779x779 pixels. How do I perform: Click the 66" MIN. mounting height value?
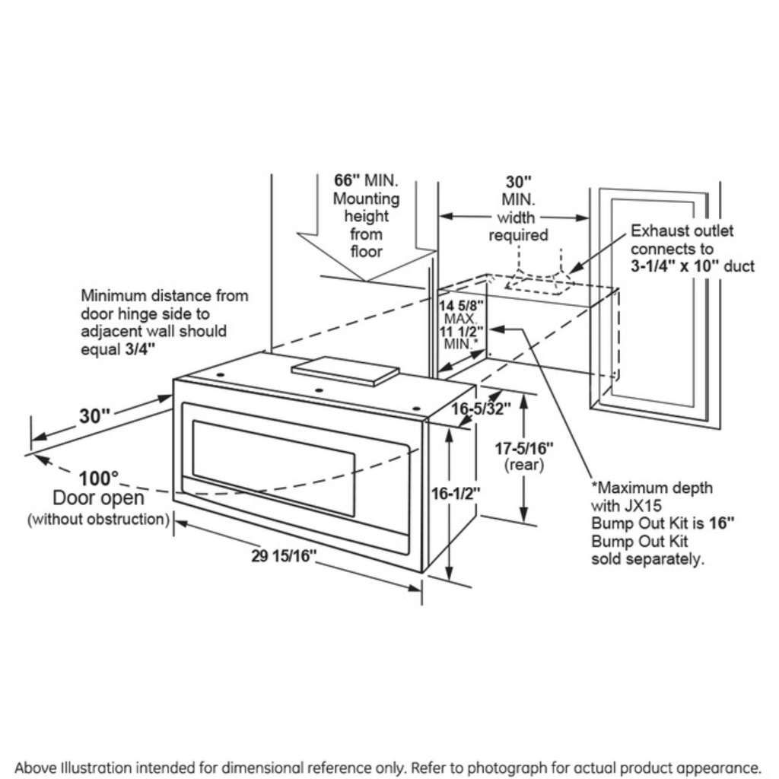pyautogui.click(x=346, y=181)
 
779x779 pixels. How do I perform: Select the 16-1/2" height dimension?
pyautogui.click(x=456, y=494)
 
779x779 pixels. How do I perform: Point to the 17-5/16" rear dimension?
pyautogui.click(x=526, y=449)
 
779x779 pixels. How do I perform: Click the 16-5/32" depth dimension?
pyautogui.click(x=481, y=409)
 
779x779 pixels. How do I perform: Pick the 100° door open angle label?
pyautogui.click(x=99, y=479)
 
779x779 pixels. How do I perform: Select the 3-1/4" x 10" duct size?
pyautogui.click(x=692, y=266)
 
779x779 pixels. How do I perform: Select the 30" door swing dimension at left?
pyautogui.click(x=94, y=416)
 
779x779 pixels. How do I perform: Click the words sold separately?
pyautogui.click(x=647, y=559)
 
